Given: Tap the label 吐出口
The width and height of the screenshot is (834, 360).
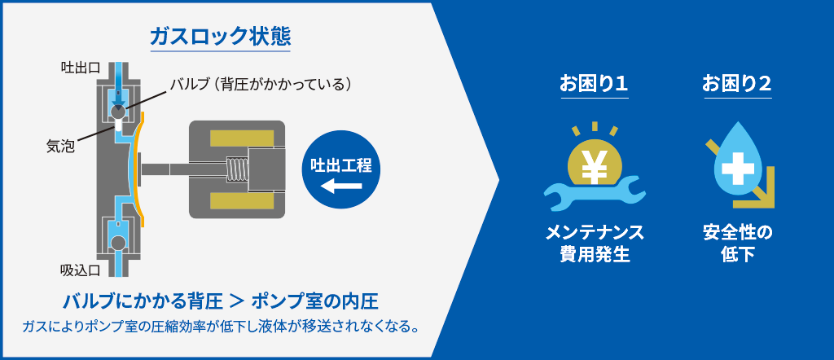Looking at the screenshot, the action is click(x=81, y=68).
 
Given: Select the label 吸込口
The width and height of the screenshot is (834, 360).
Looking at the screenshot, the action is click(x=81, y=270).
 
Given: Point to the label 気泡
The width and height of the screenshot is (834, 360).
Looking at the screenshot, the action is click(x=60, y=147).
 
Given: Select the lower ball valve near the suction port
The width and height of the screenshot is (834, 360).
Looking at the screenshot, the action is click(x=117, y=243).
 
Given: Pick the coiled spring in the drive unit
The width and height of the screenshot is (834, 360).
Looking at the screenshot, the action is click(x=238, y=169).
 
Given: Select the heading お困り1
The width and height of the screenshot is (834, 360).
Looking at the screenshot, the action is click(x=594, y=84).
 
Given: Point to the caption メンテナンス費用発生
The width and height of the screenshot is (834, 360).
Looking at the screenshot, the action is click(x=594, y=244).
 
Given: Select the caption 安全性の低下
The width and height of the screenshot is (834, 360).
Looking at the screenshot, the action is click(x=737, y=244).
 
